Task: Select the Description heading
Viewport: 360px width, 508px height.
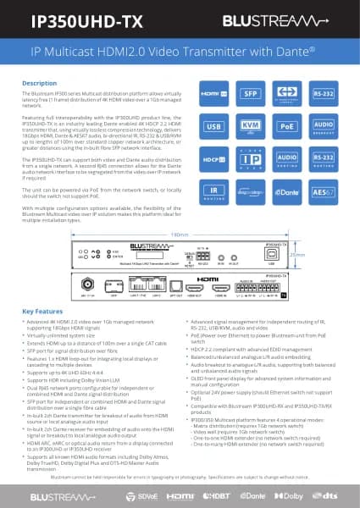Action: tap(39, 83)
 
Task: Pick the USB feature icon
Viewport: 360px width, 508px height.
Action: tap(213, 127)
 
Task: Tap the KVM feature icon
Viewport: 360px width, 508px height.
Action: tap(250, 127)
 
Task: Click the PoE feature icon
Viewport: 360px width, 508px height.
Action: tap(287, 127)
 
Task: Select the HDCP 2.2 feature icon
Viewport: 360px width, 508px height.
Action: tap(213, 158)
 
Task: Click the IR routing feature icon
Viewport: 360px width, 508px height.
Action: tap(213, 190)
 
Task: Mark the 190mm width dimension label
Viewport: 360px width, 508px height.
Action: tap(180, 234)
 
